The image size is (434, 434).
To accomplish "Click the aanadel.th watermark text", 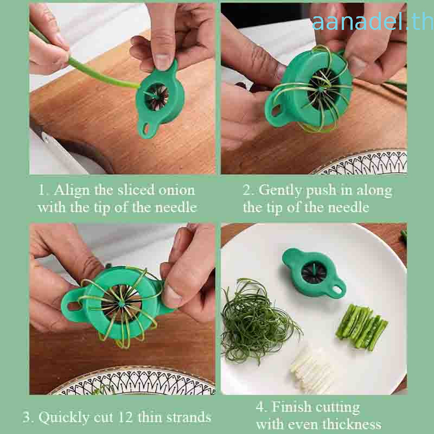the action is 373,22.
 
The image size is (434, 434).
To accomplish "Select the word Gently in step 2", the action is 280,191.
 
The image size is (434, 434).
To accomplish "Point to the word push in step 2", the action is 321,191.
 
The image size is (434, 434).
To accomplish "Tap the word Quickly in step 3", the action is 64,418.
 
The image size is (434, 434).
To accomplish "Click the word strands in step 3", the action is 188,417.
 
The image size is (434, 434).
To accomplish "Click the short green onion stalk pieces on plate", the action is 361,327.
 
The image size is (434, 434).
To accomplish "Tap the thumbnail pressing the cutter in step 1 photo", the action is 162,61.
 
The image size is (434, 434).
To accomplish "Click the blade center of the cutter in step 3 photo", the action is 121,304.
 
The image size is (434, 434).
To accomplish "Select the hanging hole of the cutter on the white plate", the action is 337,290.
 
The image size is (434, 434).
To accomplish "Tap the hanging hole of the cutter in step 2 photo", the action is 276,111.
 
